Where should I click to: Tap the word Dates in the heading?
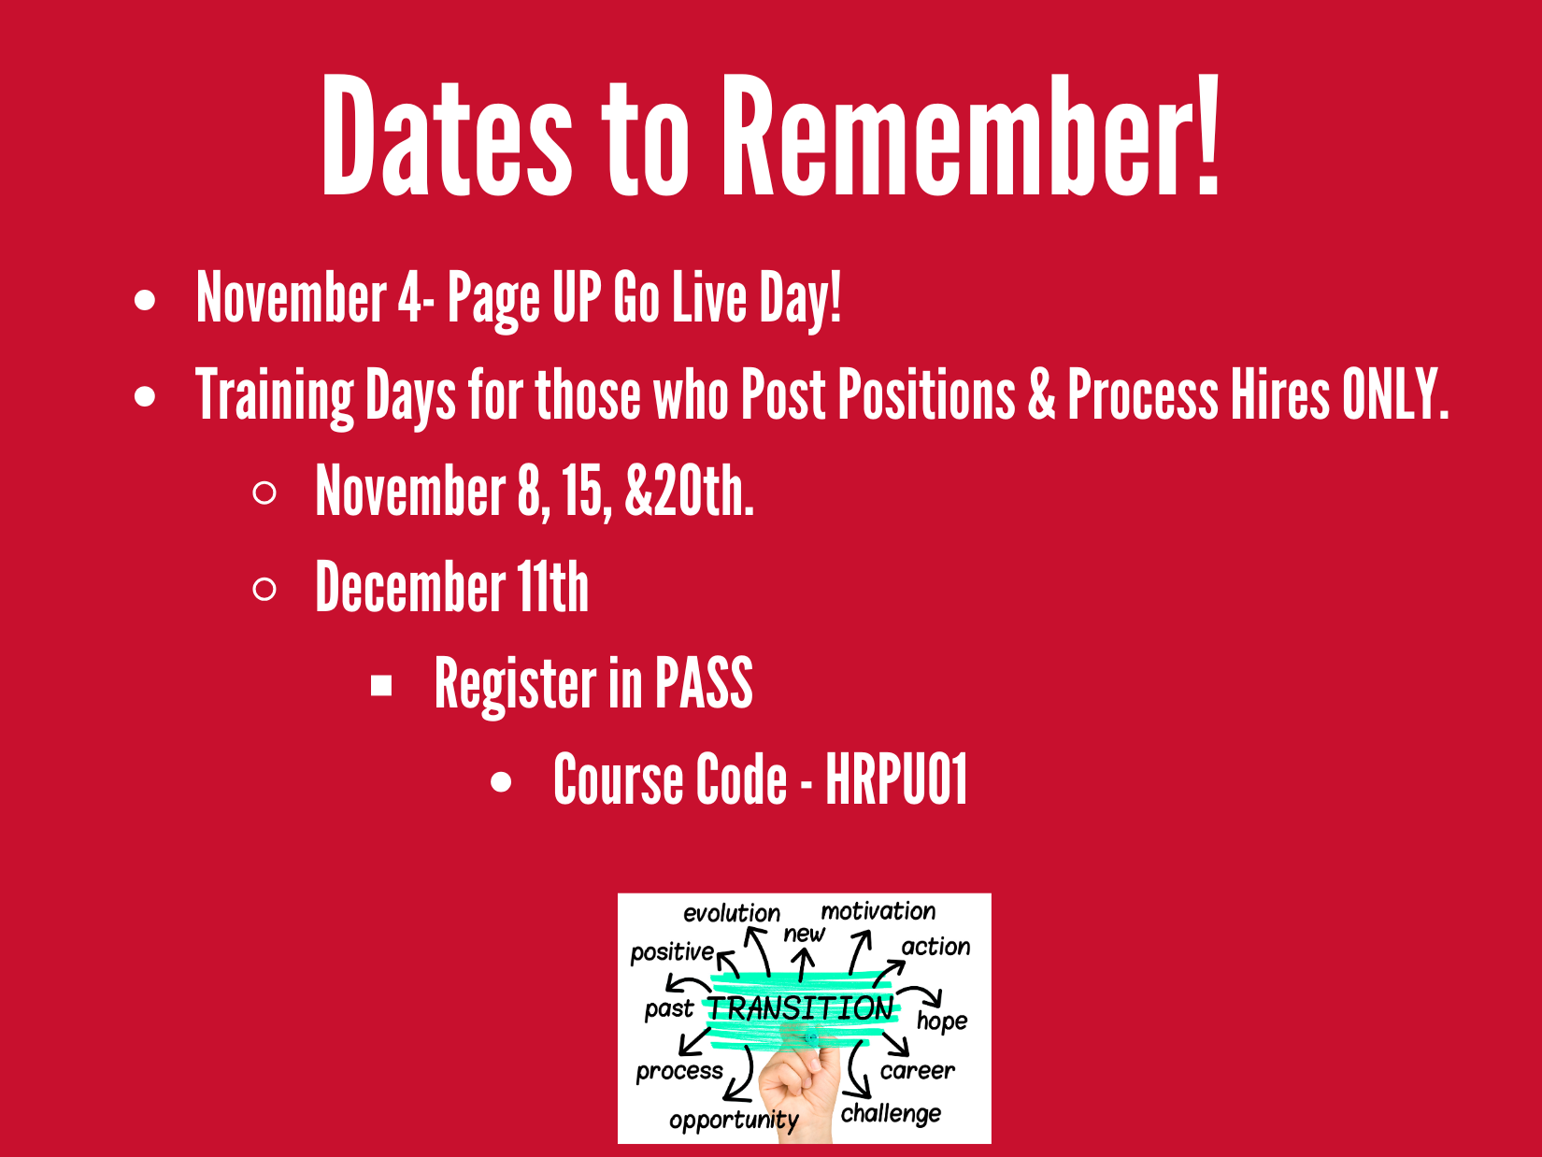click(x=447, y=134)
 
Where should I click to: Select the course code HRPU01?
click(x=896, y=779)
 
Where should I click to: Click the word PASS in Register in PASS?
click(x=703, y=682)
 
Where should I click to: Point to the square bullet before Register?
click(x=381, y=685)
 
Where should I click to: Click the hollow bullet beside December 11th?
click(x=264, y=589)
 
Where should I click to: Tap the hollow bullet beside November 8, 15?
click(x=264, y=493)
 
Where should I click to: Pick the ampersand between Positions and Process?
click(x=1041, y=394)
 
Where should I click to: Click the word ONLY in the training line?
click(x=1395, y=394)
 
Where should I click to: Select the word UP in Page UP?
click(x=577, y=297)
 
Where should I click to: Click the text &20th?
click(x=689, y=491)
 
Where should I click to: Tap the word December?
click(x=410, y=587)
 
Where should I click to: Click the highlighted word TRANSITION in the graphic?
click(x=800, y=1008)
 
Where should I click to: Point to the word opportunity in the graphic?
click(x=735, y=1120)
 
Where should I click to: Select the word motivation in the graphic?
click(x=878, y=911)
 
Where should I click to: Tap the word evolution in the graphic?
click(x=732, y=912)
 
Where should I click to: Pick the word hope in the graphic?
click(x=942, y=1021)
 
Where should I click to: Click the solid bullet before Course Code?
click(x=501, y=782)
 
